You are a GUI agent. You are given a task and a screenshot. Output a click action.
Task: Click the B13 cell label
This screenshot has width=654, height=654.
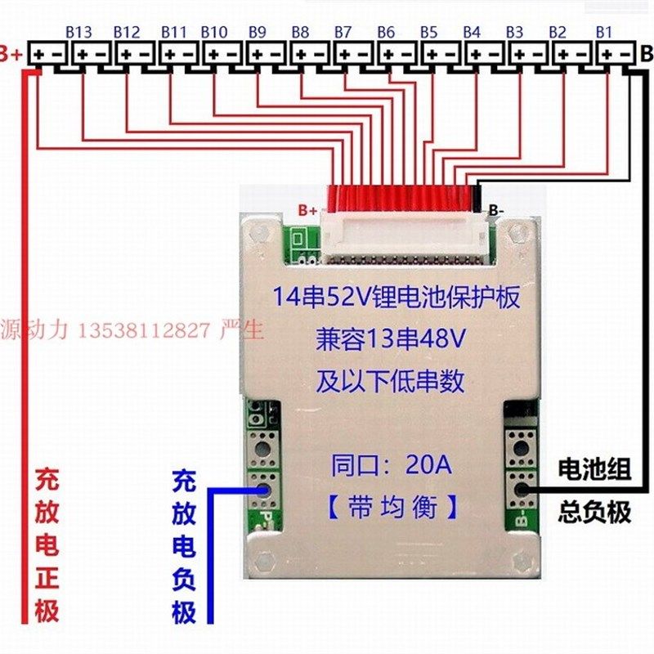[78, 32]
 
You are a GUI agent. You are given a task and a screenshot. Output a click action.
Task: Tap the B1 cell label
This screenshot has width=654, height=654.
[604, 32]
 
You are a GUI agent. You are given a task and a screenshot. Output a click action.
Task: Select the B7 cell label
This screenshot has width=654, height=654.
[343, 32]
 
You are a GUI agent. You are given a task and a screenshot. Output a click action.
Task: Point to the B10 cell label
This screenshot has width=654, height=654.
[213, 32]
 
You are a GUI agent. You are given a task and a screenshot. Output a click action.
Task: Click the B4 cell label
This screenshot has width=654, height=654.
[472, 32]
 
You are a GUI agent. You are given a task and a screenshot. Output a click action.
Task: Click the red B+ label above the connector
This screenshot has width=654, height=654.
[307, 211]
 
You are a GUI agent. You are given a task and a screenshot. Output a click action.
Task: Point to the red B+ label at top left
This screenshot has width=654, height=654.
[11, 55]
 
